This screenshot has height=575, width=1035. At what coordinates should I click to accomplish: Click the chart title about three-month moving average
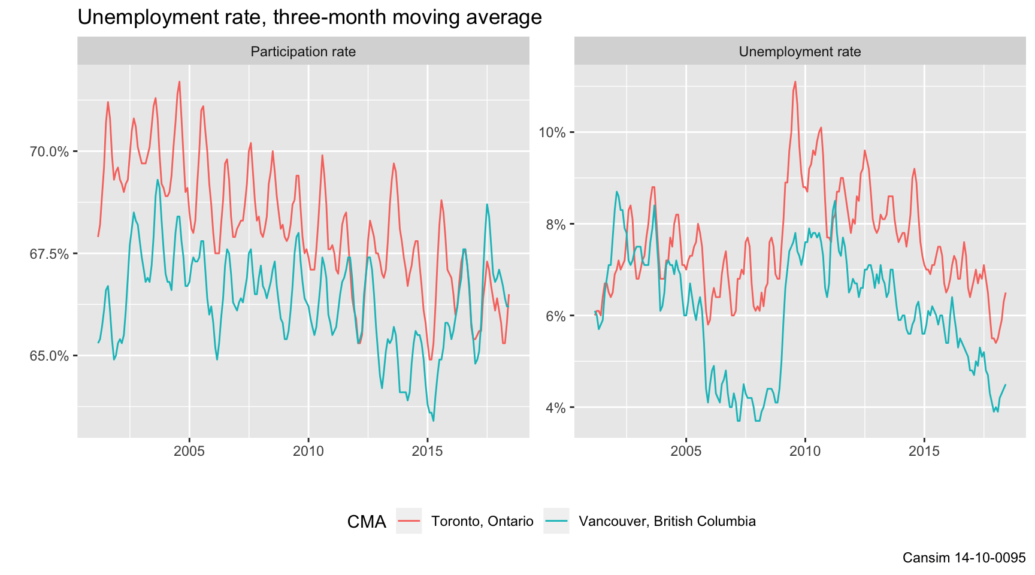309,17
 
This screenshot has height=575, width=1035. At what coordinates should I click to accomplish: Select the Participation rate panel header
303,52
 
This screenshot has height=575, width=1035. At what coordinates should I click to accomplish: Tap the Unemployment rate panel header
800,52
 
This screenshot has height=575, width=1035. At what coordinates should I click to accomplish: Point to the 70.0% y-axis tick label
49,152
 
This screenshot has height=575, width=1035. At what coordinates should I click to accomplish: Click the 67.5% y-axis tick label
49,254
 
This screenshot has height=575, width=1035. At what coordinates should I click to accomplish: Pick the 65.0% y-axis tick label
49,356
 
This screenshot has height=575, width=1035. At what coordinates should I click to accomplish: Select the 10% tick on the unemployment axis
552,132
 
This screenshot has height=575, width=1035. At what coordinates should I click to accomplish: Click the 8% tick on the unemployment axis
555,225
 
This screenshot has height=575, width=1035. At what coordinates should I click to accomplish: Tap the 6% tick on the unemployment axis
555,316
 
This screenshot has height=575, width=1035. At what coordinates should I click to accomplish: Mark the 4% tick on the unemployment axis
555,408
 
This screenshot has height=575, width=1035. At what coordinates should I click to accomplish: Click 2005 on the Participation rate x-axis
189,451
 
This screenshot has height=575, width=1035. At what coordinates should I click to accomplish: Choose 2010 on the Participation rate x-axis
308,451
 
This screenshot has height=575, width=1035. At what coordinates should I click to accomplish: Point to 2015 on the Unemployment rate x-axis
924,451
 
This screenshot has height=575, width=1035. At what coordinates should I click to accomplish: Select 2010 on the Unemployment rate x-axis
805,451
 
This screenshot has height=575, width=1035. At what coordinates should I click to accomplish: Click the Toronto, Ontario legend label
482,521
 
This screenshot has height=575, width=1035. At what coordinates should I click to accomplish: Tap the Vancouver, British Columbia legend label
667,521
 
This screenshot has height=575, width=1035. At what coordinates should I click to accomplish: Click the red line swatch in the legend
409,521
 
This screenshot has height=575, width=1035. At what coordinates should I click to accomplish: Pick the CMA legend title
367,522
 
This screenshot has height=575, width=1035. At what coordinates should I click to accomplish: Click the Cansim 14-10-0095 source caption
964,558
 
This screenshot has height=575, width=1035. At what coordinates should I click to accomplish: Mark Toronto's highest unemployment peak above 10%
795,82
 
